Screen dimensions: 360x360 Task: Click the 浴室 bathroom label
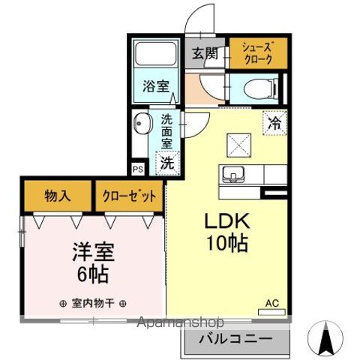point(154,86)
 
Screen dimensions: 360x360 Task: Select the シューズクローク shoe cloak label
point(256,53)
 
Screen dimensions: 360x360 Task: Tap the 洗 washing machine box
point(167,160)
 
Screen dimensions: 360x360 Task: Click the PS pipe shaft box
point(137,169)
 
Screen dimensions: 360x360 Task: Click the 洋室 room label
point(88,250)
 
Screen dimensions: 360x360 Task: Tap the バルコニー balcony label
point(235,340)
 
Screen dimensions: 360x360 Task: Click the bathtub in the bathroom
point(154,55)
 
